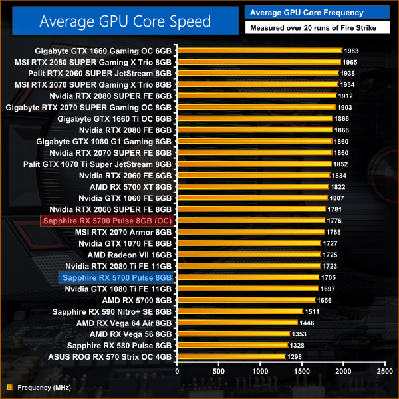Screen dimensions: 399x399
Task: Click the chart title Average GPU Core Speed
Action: coord(124,21)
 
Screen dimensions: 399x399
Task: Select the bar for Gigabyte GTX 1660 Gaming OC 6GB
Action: coord(259,51)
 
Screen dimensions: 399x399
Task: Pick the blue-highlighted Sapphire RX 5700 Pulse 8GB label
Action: coord(116,277)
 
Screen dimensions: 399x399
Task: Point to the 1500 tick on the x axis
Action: coord(301,371)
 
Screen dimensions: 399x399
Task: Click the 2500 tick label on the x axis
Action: coord(384,371)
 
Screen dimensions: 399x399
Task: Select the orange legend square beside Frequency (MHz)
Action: coord(9,387)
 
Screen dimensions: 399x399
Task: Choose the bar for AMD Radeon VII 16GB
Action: coord(249,255)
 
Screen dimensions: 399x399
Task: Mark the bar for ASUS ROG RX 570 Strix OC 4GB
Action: coord(231,357)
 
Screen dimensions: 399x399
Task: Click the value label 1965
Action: coord(350,62)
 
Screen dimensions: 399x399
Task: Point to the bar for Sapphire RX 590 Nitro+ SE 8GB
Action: coord(239,311)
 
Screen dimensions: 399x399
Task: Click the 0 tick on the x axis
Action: coord(177,371)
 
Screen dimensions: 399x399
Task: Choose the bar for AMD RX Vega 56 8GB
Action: coord(233,334)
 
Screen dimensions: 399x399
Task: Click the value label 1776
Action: coord(334,220)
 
